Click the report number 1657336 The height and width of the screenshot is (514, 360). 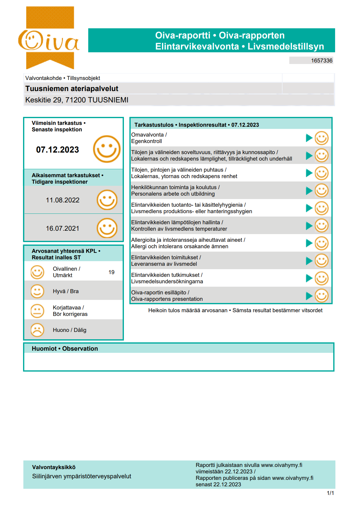pos(321,61)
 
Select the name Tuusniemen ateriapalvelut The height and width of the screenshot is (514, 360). pos(72,89)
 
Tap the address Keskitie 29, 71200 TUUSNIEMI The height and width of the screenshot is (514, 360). pos(77,100)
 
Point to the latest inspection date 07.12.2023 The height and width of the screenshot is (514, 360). pos(57,150)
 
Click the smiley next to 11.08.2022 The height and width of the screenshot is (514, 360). pos(107,200)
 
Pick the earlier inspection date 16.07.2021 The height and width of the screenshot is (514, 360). pos(62,229)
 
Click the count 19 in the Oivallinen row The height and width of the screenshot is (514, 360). pos(111,272)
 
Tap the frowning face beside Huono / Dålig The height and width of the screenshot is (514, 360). pos(37,330)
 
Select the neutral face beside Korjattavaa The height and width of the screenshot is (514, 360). pos(37,311)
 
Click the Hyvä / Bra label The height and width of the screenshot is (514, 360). pos(65,291)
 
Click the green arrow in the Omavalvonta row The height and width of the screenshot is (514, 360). pos(309,138)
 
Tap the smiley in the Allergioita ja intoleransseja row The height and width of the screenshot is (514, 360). pos(322,243)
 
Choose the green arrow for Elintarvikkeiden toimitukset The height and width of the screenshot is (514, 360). pos(309,261)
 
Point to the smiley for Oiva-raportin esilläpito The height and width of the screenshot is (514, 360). pos(322,296)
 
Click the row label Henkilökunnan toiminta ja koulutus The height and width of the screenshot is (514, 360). pos(175,187)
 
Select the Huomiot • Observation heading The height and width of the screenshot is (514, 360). pos(65,349)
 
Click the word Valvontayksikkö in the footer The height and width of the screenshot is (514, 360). pos(54,467)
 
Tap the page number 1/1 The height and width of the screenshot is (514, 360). pos(330,493)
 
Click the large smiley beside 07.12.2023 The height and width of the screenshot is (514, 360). pos(107,149)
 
